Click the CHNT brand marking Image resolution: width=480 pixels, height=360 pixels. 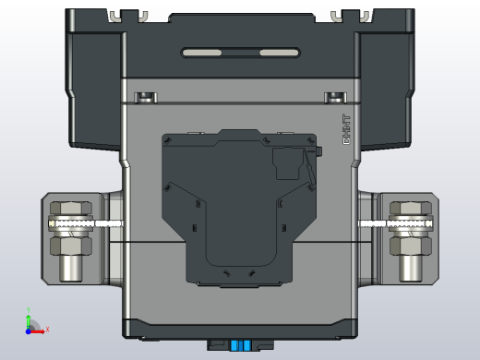pyautogui.click(x=347, y=129)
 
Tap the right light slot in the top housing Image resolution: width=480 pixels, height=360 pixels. pyautogui.click(x=279, y=53)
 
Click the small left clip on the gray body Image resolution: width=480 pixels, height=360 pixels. pyautogui.click(x=146, y=97)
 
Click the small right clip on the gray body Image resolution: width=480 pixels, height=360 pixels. pyautogui.click(x=334, y=97)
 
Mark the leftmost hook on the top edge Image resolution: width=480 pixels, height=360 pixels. pyautogui.click(x=114, y=15)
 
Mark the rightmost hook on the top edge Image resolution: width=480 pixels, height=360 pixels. pyautogui.click(x=366, y=15)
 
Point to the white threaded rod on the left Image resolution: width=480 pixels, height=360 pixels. pyautogui.click(x=92, y=224)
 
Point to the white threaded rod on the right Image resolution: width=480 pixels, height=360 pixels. pyautogui.click(x=388, y=224)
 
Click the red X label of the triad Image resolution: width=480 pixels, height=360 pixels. pyautogui.click(x=47, y=329)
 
